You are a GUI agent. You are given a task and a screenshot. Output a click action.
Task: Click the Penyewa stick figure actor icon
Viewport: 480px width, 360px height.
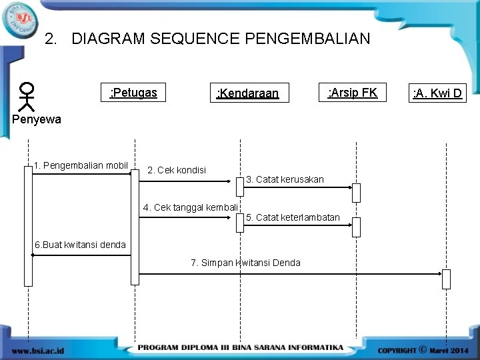[27, 96]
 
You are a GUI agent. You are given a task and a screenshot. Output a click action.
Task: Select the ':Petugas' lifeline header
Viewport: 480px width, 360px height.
[133, 93]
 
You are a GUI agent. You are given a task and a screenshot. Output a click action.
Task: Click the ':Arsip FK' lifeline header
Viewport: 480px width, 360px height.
[352, 93]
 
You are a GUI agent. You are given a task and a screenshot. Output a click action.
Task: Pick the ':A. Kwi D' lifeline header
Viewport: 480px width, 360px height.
[437, 93]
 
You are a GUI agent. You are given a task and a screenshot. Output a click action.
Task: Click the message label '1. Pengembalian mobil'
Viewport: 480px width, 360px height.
[81, 165]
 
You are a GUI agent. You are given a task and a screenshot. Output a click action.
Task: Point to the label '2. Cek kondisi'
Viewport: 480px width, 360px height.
[177, 170]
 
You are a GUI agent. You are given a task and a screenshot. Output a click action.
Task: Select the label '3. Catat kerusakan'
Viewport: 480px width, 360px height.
[285, 179]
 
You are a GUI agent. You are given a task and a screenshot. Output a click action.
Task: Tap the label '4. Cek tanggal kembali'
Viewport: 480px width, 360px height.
[191, 207]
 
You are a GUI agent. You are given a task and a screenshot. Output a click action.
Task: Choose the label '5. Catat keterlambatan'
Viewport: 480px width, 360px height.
[293, 217]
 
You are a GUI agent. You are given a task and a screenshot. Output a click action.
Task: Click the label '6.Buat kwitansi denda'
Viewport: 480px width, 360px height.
[80, 245]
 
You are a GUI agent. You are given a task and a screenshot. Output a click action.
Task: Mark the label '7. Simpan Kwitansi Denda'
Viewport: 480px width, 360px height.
[245, 263]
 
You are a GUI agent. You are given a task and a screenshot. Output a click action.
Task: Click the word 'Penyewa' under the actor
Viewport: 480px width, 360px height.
[37, 120]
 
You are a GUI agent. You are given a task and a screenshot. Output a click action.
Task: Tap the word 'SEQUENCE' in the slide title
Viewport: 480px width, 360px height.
[197, 39]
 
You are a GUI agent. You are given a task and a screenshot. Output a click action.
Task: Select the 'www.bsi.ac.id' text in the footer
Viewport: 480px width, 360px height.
[38, 349]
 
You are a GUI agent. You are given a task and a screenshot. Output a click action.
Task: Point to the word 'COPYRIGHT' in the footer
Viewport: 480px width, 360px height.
[397, 349]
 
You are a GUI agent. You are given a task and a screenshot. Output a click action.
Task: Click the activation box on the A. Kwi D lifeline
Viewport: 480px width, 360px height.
[446, 279]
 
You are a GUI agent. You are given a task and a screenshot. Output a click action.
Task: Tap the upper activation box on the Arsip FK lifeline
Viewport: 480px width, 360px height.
[356, 192]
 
